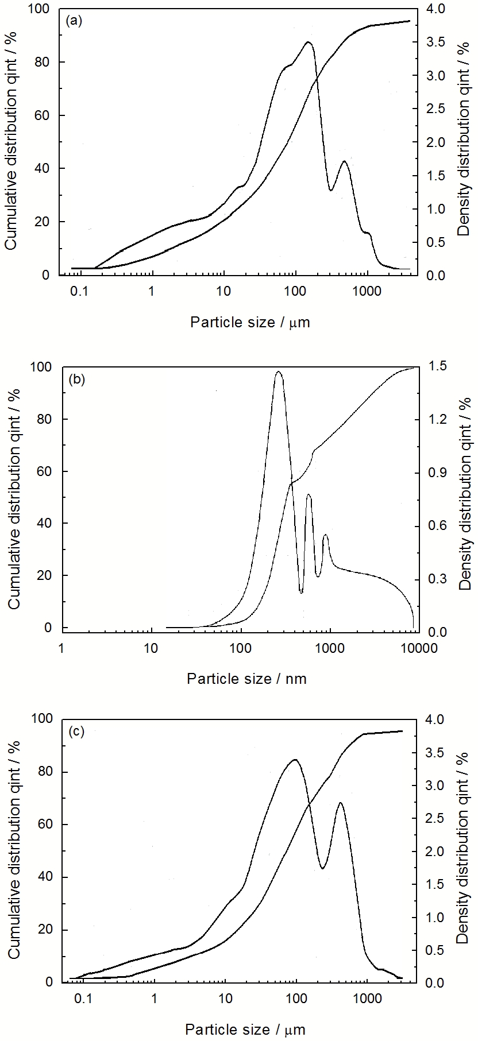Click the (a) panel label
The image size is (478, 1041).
point(75,21)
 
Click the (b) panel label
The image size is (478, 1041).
point(76,379)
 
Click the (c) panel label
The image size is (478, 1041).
point(76,732)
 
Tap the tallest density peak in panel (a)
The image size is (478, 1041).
point(309,42)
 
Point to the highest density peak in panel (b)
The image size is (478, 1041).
point(279,371)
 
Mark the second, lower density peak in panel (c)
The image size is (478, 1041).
point(340,803)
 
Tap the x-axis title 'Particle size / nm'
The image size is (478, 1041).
point(246,679)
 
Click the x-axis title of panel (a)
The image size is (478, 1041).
point(250,322)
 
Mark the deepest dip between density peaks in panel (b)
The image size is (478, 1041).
point(301,592)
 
